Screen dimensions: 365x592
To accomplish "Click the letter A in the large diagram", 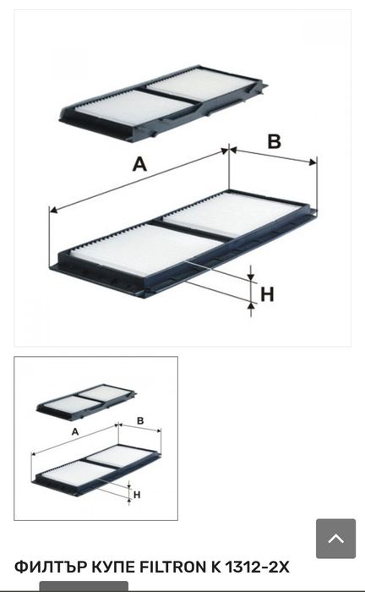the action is pos(139,164).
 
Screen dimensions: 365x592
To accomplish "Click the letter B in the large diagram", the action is pos(274,142).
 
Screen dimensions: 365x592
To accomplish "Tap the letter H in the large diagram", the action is pos(267,294).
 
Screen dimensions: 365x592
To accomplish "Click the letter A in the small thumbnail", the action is pos(75,431).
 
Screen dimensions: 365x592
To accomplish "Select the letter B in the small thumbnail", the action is pos(140,420).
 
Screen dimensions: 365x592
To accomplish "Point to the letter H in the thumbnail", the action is pos(137,495).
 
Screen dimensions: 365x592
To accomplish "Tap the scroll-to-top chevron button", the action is pos(335,539).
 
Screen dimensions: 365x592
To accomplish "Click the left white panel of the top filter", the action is pos(133,107).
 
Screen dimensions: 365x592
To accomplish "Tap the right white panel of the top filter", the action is pos(200,84).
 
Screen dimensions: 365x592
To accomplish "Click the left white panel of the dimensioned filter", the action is pos(147,249).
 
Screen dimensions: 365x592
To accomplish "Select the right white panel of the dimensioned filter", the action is pos(232,215).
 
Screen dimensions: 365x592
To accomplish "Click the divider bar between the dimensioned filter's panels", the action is pos(193,231).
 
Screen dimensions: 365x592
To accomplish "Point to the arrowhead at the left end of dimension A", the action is pos(53,210).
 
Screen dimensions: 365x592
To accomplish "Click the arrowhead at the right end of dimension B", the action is pos(313,162).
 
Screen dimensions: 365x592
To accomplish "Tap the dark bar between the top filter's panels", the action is pos(170,96).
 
